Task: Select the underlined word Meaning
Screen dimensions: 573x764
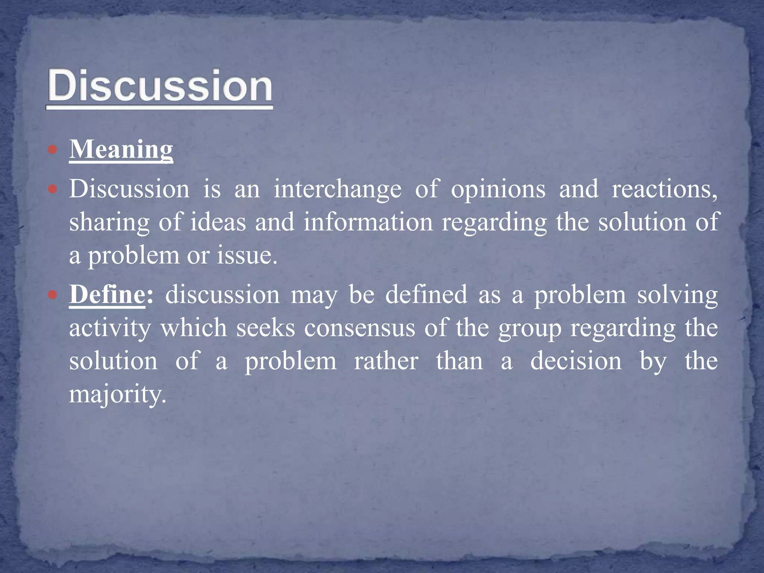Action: pos(121,150)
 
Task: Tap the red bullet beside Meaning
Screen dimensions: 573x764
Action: pos(53,150)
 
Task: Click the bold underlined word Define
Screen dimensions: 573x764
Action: pos(107,295)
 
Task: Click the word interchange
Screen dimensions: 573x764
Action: pos(338,189)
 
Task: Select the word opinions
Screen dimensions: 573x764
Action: pos(498,190)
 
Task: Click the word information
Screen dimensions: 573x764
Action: pos(368,222)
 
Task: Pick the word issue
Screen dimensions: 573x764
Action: pos(247,256)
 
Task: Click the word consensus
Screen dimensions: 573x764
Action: pos(359,328)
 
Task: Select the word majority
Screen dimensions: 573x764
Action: pos(117,395)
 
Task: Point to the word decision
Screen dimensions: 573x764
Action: pos(576,361)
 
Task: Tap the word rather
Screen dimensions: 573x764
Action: pos(386,361)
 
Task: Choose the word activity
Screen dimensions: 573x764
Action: pos(110,328)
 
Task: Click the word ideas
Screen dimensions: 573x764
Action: pos(218,222)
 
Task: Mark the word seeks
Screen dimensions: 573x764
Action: pos(265,328)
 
